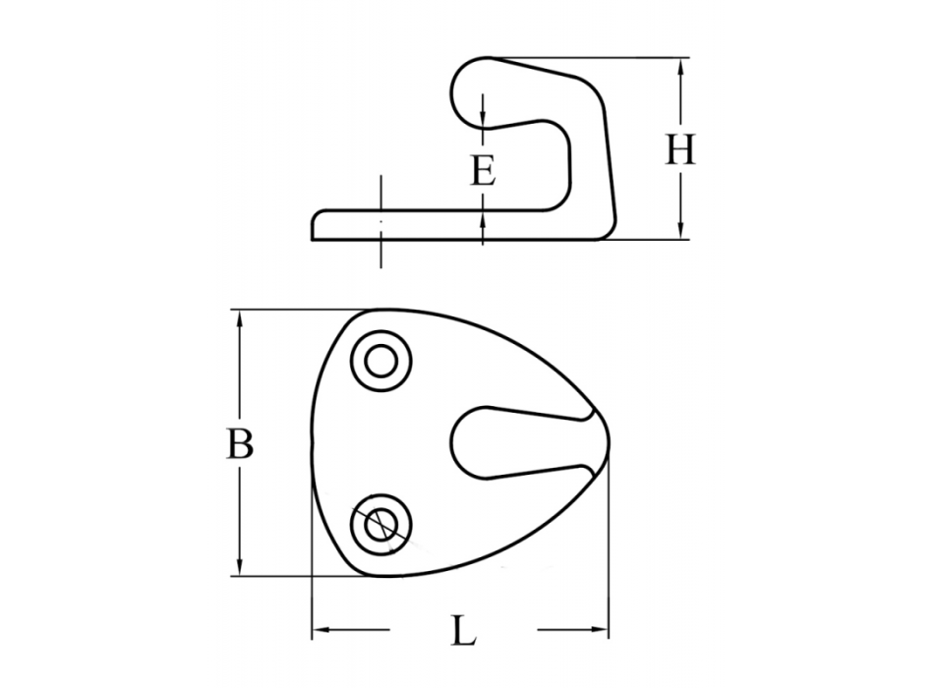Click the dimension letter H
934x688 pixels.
pyautogui.click(x=679, y=149)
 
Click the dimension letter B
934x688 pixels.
pyautogui.click(x=240, y=444)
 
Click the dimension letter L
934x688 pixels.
pyautogui.click(x=464, y=631)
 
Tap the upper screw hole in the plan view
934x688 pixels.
pyautogui.click(x=381, y=361)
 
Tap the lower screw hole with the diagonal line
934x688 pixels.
pyautogui.click(x=381, y=524)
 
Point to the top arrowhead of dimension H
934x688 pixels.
pyautogui.click(x=680, y=67)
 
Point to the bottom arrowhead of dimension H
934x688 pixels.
pyautogui.click(x=680, y=231)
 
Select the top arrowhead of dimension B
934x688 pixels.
pyautogui.click(x=240, y=319)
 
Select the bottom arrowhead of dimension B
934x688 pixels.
pyautogui.click(x=240, y=566)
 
